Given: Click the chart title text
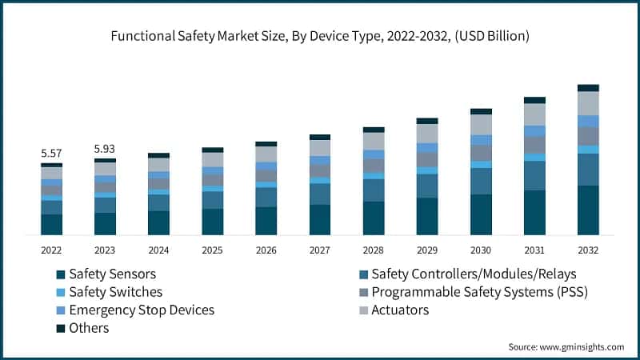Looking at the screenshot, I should click(320, 36).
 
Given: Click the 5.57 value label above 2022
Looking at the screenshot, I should click(52, 153).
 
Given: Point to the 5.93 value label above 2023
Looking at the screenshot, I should click(105, 149).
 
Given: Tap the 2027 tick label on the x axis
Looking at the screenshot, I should click(320, 250).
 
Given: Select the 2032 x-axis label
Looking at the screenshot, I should click(588, 250).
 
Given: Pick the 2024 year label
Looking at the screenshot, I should click(158, 250).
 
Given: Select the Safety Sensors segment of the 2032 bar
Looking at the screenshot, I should click(588, 210).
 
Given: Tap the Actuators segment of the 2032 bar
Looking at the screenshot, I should click(588, 103).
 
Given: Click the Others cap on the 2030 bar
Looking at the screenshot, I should click(481, 111).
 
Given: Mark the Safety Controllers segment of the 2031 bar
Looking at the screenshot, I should click(534, 175).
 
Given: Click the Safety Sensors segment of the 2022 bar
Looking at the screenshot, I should click(52, 225).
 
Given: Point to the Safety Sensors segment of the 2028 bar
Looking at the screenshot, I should click(374, 218).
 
